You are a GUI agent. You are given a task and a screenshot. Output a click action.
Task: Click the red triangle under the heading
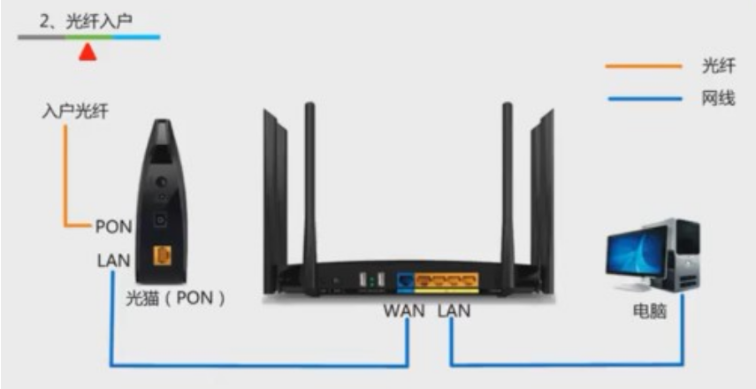pos(87,53)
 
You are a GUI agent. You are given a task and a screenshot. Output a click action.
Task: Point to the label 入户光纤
pos(75,112)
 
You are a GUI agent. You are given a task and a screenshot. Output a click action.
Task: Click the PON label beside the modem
pos(113,227)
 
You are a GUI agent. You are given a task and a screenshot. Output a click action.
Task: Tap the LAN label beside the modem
pos(113,261)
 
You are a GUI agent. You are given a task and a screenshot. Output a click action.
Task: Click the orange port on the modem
pos(162,256)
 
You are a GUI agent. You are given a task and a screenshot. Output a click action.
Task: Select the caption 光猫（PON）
pos(176,298)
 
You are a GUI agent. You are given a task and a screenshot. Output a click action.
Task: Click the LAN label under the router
pos(454,311)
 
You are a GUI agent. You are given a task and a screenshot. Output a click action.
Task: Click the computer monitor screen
pos(635,247)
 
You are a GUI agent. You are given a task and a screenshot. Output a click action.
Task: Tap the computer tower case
pos(683,256)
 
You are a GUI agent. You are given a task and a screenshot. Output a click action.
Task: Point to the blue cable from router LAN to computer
pos(566,364)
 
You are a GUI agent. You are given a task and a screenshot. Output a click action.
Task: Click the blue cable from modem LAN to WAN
pos(256,364)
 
